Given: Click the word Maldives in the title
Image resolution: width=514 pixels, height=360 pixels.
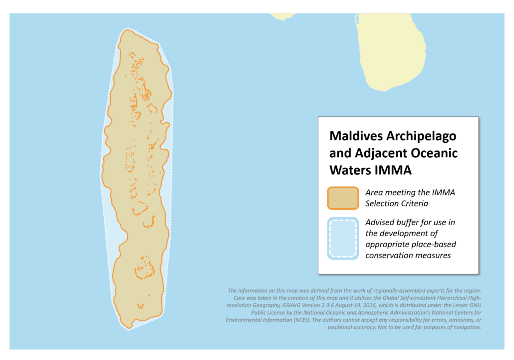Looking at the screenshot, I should tap(353, 136).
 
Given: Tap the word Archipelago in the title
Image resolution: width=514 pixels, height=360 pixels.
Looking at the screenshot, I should tap(418, 136).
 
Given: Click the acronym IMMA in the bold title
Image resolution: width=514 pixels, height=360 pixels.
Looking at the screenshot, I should tap(394, 170).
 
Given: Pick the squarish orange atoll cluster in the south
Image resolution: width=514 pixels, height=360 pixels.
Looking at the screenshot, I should tap(145, 267).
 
